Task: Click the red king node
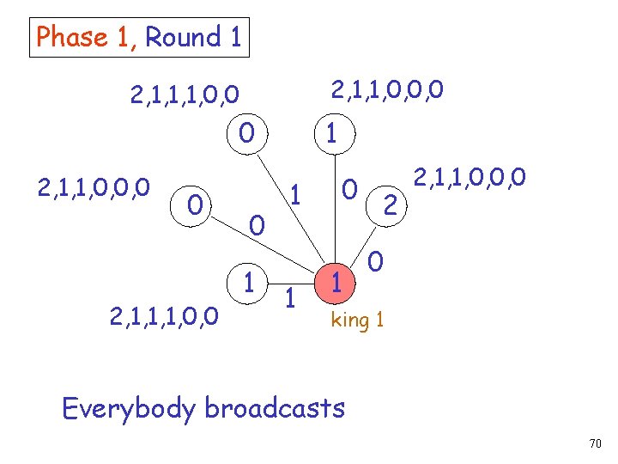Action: [338, 280]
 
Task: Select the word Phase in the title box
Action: [72, 38]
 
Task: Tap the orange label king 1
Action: [357, 321]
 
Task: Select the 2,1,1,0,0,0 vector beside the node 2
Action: [470, 180]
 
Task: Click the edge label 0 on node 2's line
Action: [376, 258]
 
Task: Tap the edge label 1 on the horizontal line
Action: [291, 298]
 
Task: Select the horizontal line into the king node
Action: [292, 280]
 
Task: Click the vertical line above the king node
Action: [331, 206]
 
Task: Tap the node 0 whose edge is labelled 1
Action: [247, 133]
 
